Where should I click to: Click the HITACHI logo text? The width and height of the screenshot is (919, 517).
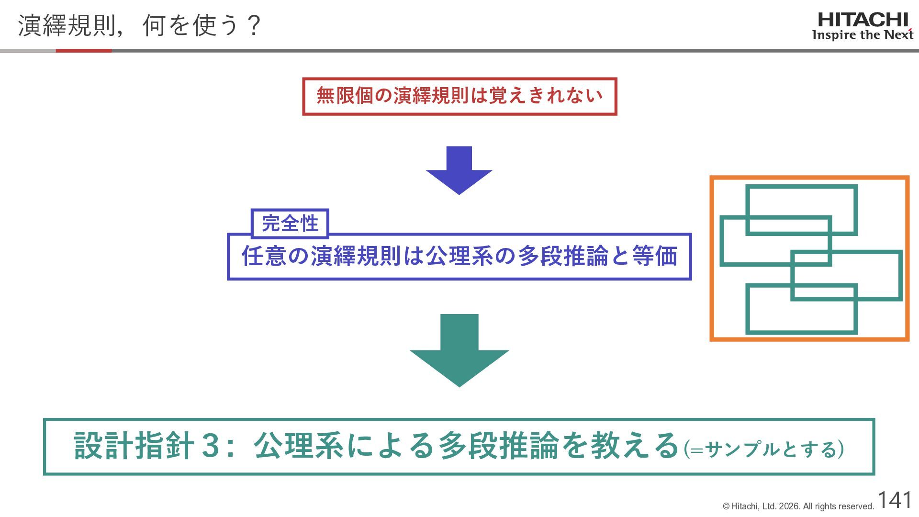(863, 20)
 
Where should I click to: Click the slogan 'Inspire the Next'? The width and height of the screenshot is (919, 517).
(863, 35)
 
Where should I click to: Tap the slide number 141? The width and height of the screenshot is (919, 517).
(895, 500)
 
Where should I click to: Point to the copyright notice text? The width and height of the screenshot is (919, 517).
(798, 506)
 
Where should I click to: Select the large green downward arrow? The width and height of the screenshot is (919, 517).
(459, 350)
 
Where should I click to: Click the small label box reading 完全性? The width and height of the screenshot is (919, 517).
(290, 224)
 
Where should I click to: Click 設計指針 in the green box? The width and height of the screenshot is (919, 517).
(134, 446)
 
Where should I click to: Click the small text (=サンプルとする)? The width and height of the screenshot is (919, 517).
(763, 449)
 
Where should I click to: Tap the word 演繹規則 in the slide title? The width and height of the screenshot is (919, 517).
(66, 25)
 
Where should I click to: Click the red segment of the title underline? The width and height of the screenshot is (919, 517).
(84, 50)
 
